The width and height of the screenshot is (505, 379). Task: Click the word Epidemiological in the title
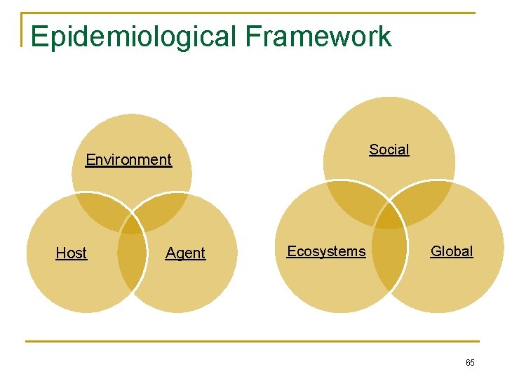(x=133, y=36)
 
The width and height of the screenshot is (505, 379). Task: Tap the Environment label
(x=128, y=160)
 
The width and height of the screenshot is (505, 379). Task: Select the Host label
(x=71, y=253)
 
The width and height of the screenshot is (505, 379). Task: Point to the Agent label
(x=185, y=253)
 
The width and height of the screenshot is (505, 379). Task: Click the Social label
(x=389, y=149)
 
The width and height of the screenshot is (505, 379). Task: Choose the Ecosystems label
(x=326, y=251)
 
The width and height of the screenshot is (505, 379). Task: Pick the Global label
(x=452, y=251)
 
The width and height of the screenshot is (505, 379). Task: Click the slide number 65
(x=470, y=363)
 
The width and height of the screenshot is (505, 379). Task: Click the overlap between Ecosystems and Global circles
(x=390, y=260)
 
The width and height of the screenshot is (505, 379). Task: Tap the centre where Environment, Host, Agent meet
(x=131, y=223)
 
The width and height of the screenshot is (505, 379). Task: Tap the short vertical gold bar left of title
(x=22, y=29)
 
